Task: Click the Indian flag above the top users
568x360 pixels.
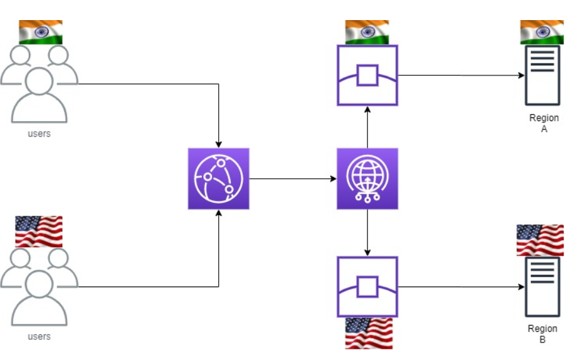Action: pos(41,32)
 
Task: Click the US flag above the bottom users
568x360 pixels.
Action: pos(39,231)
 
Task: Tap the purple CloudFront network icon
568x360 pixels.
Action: pos(218,179)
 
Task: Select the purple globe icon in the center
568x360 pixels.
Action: pos(367,179)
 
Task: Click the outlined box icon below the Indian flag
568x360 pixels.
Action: pos(367,75)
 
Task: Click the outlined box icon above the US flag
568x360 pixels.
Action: pos(367,286)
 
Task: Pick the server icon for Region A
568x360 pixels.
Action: pos(542,75)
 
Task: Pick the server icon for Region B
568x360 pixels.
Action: pos(542,286)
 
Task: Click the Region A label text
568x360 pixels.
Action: pos(544,123)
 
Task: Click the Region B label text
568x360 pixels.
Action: pos(542,334)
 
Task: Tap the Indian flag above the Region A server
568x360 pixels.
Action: pos(542,32)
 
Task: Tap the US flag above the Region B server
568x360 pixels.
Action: pos(540,240)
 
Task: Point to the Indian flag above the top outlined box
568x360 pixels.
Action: pos(367,32)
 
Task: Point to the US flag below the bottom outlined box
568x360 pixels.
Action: pos(369,333)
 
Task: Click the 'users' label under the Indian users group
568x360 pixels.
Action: pos(39,134)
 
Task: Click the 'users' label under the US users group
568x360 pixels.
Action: pos(39,337)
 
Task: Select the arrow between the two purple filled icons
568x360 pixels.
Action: pos(293,179)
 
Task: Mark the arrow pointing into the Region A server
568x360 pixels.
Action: pos(461,75)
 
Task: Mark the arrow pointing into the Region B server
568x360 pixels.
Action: pos(461,287)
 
